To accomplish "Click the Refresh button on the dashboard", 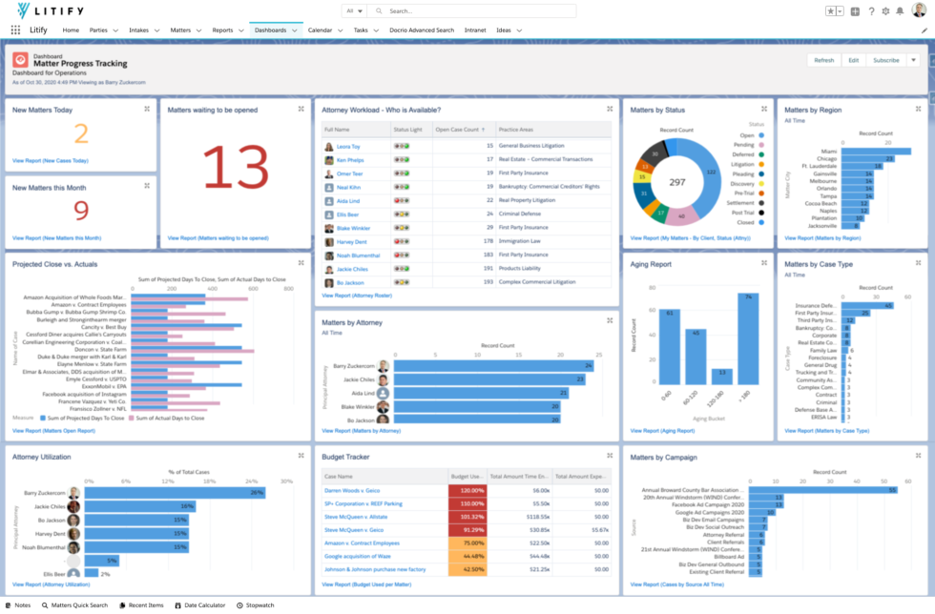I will coord(823,60).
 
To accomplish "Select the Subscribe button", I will coord(885,60).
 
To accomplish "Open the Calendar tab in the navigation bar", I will coord(320,31).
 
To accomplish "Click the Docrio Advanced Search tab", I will coord(422,31).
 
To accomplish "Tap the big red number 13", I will coord(238,168).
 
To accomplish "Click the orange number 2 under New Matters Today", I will coord(81,134).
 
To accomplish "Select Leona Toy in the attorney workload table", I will coord(348,147).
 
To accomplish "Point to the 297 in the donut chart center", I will coord(677,182).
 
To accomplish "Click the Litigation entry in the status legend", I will coord(742,164).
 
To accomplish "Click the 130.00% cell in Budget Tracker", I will coord(467,490).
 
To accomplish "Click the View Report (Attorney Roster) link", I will coord(357,296).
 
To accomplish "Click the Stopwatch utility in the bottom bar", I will coord(260,605).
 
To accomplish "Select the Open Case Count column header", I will coord(457,129).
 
